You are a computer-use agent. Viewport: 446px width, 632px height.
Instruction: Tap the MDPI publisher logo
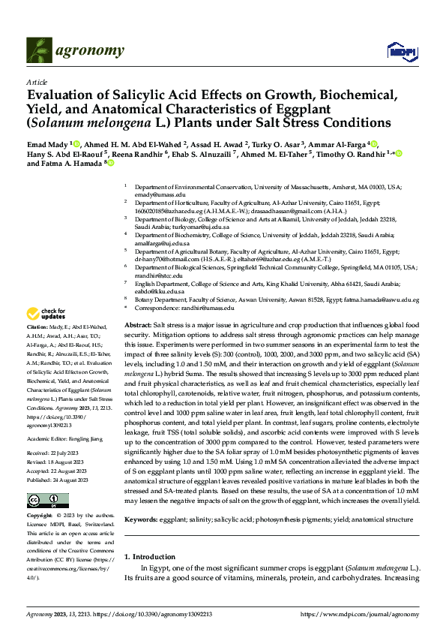pos(397,50)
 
